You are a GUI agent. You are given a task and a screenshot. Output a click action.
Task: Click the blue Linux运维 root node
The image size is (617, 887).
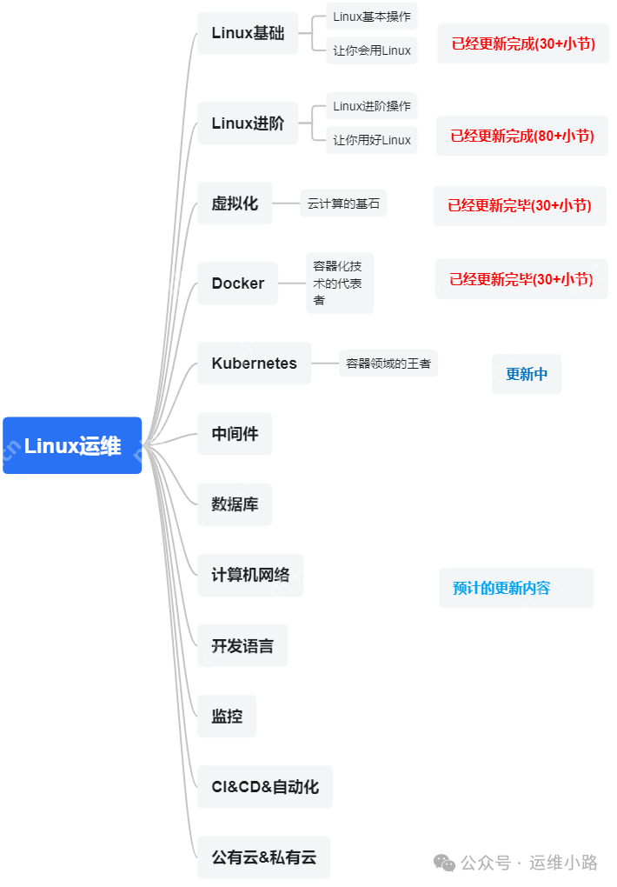tap(72, 445)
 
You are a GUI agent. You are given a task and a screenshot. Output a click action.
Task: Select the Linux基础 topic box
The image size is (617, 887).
tap(248, 34)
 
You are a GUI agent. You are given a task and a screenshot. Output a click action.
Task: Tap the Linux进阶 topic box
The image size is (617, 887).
tap(248, 123)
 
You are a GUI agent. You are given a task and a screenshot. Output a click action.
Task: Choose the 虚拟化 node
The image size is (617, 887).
tap(235, 203)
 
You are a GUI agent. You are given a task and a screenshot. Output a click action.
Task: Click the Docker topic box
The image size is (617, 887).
tap(237, 283)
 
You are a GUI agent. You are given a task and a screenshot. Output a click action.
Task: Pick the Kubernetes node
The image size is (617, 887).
tap(254, 363)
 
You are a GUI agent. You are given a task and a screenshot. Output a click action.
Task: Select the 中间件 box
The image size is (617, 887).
tap(235, 434)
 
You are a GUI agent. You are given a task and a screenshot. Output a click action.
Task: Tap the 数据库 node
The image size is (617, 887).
tap(235, 504)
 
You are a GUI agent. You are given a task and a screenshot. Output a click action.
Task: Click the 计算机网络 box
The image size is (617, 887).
tap(250, 575)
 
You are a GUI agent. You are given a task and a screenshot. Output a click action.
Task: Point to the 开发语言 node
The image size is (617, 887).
tap(242, 646)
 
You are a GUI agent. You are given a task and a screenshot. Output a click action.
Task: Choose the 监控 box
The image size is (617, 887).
tap(227, 717)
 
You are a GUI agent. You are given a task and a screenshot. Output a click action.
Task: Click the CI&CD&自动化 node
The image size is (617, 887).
tap(265, 787)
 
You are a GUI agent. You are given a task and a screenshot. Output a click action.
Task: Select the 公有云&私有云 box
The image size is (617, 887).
tap(264, 857)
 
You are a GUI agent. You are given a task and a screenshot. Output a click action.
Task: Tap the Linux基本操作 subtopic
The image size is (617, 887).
tap(372, 17)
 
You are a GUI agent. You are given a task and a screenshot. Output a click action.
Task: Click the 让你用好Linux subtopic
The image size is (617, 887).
tap(372, 140)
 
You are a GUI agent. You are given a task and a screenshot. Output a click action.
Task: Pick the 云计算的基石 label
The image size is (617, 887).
tap(343, 204)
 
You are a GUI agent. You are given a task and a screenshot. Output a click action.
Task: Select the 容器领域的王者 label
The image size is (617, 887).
tap(388, 363)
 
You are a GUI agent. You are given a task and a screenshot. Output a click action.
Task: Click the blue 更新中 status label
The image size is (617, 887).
tap(527, 374)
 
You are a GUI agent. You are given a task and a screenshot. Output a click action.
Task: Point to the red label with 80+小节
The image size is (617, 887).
tap(522, 136)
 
